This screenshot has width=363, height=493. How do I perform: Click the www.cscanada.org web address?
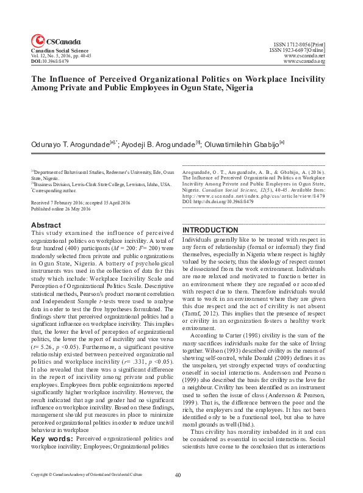point(304,62)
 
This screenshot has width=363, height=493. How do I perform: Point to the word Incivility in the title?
point(304,79)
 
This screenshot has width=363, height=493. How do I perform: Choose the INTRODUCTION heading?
point(209,230)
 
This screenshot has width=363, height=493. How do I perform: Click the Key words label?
point(52,421)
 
